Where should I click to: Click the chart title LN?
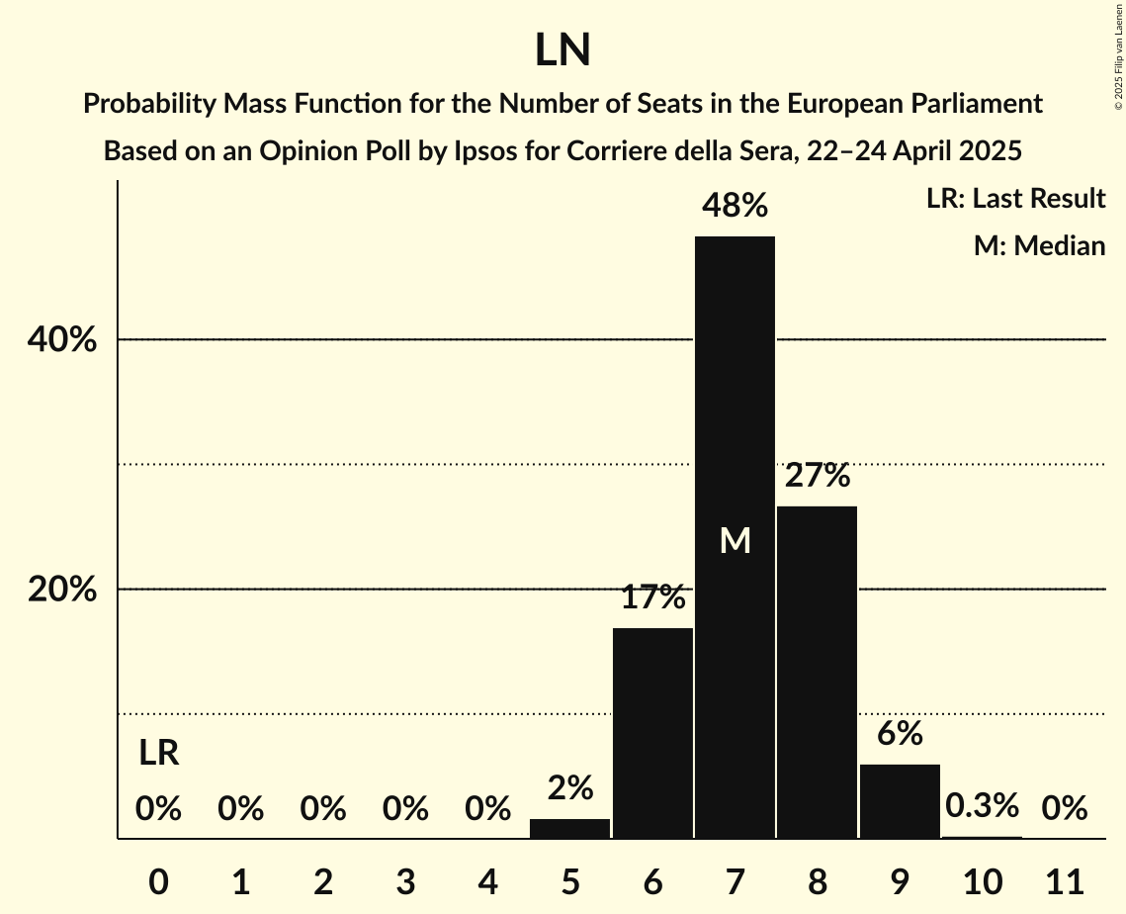click(x=563, y=50)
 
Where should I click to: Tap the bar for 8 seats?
click(x=817, y=673)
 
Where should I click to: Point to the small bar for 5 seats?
click(x=569, y=829)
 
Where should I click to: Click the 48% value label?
click(x=735, y=206)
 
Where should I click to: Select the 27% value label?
click(x=817, y=476)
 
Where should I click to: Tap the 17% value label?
click(x=652, y=597)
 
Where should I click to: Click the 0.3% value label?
click(x=981, y=806)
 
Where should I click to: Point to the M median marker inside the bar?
click(x=735, y=540)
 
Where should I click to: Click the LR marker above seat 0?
click(x=158, y=754)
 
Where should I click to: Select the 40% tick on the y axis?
click(x=61, y=340)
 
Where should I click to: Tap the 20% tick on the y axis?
click(x=61, y=590)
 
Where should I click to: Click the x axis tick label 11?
click(x=1064, y=881)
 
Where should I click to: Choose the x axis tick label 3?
click(x=405, y=881)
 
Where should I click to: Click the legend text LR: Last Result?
click(x=1015, y=199)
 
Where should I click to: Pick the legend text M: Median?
click(x=1039, y=246)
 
